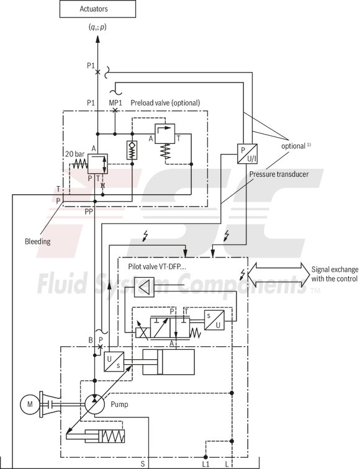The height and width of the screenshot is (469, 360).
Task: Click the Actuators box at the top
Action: tap(97, 9)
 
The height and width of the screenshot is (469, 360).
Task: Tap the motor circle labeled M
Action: tap(29, 405)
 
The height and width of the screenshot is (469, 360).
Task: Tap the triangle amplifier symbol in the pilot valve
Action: tap(143, 287)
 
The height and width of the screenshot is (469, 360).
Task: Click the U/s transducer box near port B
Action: tap(114, 361)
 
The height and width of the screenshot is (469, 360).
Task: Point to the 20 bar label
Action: tap(74, 153)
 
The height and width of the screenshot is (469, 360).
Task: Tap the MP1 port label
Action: tap(115, 102)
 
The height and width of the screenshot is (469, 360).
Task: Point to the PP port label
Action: tap(89, 211)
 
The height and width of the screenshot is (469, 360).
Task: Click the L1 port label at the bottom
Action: tap(205, 463)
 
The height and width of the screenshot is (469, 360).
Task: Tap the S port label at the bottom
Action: tap(142, 463)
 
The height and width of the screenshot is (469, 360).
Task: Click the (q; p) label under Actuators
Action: tap(97, 25)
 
